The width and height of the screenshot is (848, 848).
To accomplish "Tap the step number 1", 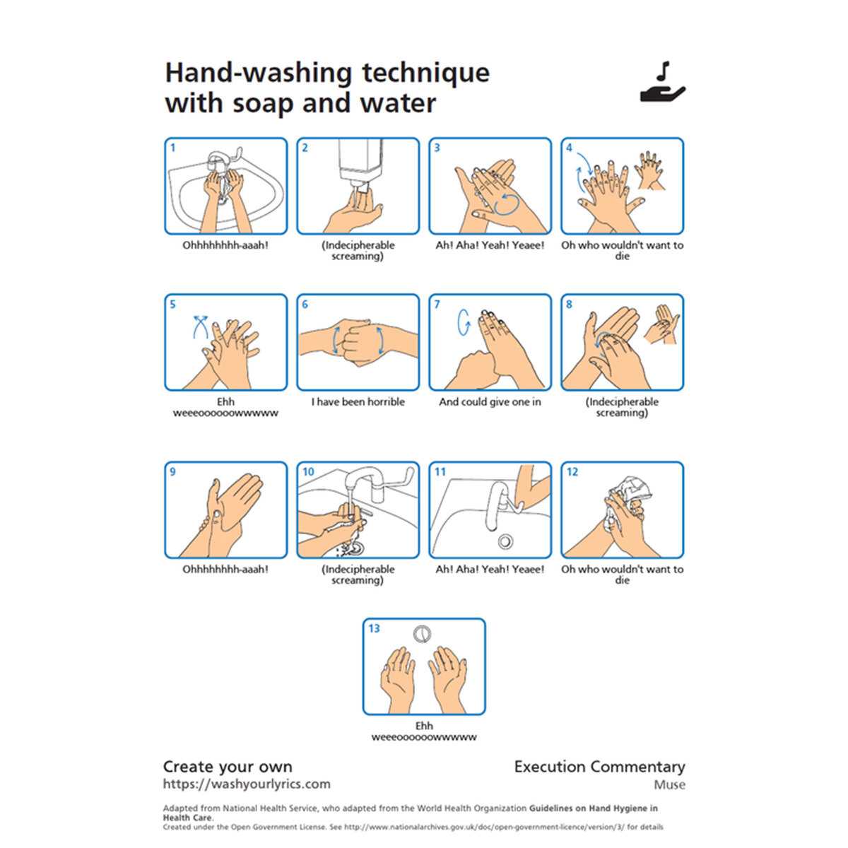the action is click(x=173, y=148).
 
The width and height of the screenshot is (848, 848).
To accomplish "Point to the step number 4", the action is click(x=569, y=148).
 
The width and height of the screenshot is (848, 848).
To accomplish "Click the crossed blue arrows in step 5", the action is click(x=200, y=326).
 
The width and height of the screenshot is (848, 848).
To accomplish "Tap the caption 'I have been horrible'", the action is click(x=358, y=402).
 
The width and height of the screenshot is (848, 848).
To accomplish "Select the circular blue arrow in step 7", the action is click(x=464, y=322).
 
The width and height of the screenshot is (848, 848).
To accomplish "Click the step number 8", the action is click(x=569, y=304).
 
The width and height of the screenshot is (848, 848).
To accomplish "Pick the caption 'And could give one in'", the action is click(x=490, y=402).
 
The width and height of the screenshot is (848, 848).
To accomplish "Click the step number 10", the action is click(x=308, y=472).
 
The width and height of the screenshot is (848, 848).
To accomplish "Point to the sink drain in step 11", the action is click(x=505, y=541).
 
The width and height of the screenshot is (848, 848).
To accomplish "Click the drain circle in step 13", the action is click(x=422, y=634).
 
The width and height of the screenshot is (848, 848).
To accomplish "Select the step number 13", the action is click(x=374, y=628).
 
